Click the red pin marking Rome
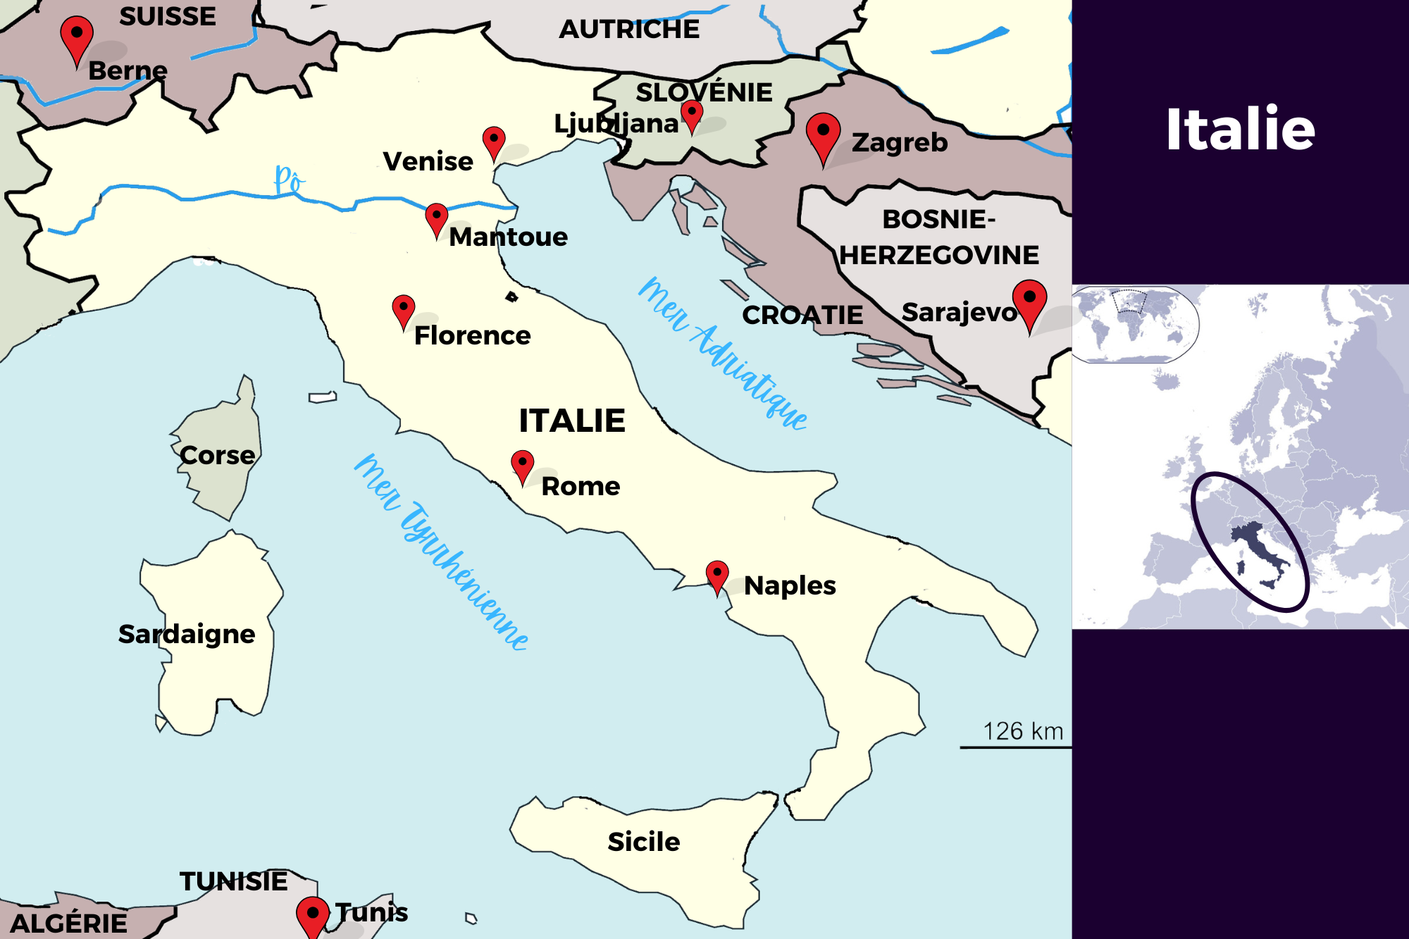click(x=522, y=465)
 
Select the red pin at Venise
click(x=494, y=141)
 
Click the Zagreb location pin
click(x=823, y=135)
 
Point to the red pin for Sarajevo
click(x=1029, y=301)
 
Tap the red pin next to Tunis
click(x=313, y=916)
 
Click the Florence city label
click(x=472, y=336)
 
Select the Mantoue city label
click(x=508, y=237)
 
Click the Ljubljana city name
click(x=616, y=124)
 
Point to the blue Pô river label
click(x=289, y=180)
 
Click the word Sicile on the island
click(x=643, y=842)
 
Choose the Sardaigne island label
click(x=187, y=634)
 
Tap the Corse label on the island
click(x=217, y=456)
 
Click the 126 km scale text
click(x=1023, y=731)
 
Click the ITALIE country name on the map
click(x=572, y=421)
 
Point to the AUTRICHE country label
click(x=629, y=30)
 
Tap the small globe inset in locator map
click(x=1134, y=324)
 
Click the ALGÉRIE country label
click(x=69, y=924)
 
